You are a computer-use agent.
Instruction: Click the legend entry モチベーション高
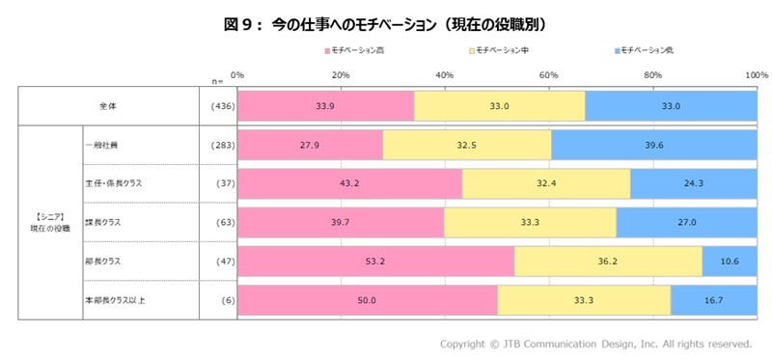click(359, 49)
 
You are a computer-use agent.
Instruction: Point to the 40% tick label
click(445, 74)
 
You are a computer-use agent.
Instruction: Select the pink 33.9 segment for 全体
click(326, 106)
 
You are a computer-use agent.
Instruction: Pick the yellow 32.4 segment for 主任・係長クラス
click(546, 182)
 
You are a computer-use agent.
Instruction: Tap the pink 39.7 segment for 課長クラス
click(341, 221)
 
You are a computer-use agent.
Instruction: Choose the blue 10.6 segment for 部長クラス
click(730, 261)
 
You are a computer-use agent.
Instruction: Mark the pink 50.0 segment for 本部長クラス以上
click(368, 299)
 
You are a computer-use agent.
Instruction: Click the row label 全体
click(108, 106)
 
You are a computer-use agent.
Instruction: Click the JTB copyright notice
click(595, 344)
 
